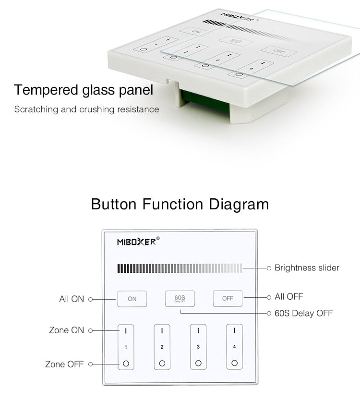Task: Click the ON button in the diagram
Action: (132, 299)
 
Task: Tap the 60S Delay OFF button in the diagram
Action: (180, 298)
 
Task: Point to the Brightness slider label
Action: (307, 268)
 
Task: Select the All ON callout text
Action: (72, 299)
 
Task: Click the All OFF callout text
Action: (288, 297)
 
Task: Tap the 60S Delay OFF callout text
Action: (303, 313)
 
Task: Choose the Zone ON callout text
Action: (66, 330)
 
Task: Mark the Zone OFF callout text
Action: (64, 364)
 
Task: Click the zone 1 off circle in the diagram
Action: (126, 364)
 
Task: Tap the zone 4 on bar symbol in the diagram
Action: (234, 330)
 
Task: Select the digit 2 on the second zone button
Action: (162, 347)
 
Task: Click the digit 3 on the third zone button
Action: (198, 347)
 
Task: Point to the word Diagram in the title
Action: (239, 205)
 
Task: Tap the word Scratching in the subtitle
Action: (36, 109)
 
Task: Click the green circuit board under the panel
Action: (205, 101)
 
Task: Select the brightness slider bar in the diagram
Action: (180, 268)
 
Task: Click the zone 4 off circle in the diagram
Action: (234, 363)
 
